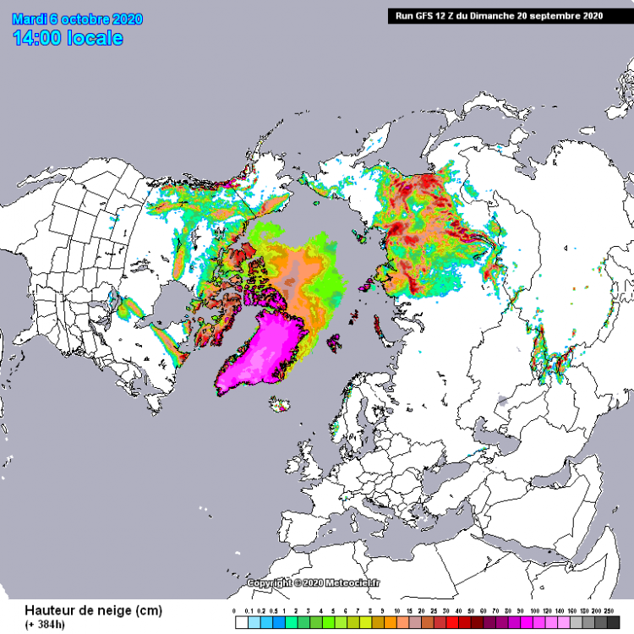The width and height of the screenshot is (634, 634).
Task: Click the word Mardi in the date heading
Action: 30,19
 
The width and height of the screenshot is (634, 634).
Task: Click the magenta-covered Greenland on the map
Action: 271,347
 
